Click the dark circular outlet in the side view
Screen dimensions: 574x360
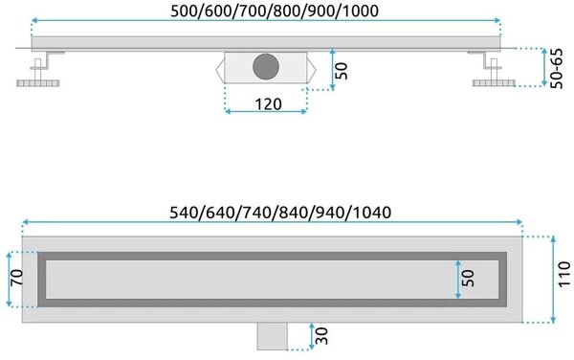click(266, 67)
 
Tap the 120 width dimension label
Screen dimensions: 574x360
click(268, 104)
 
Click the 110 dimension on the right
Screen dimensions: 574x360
click(564, 274)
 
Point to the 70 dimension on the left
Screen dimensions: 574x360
click(17, 278)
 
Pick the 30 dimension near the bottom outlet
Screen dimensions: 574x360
click(321, 336)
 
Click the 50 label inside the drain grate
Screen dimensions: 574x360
click(468, 279)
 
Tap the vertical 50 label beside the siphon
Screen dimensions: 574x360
click(342, 71)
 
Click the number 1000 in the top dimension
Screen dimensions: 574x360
click(361, 11)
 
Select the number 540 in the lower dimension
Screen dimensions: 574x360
click(184, 213)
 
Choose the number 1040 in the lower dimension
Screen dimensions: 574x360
click(372, 213)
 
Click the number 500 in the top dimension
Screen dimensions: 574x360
click(186, 11)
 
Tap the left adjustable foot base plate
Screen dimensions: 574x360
click(38, 83)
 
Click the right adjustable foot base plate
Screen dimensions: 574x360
click(494, 83)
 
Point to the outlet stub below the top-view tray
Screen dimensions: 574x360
click(272, 336)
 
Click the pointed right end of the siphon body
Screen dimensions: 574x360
click(312, 68)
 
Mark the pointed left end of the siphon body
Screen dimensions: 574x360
click(220, 68)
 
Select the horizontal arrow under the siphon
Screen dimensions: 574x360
click(266, 111)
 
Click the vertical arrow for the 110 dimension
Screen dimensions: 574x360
click(553, 280)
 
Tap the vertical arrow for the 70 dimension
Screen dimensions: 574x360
click(9, 280)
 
